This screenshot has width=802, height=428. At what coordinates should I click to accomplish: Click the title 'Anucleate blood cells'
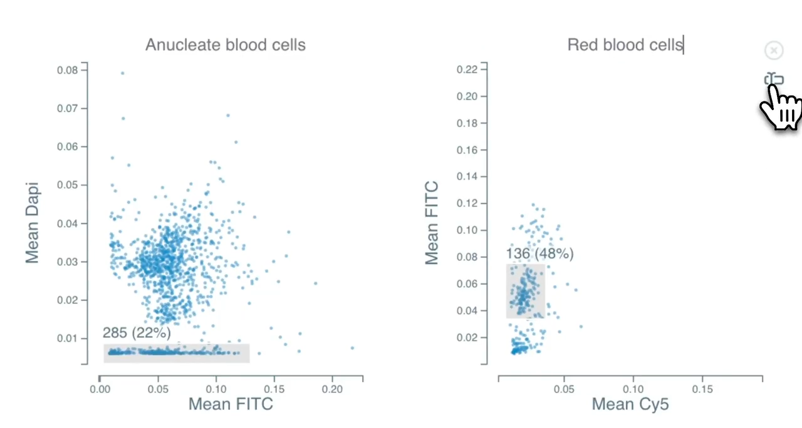point(226,45)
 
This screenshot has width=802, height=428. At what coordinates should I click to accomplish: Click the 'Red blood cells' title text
point(625,45)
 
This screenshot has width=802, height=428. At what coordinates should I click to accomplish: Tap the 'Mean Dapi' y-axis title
point(33,223)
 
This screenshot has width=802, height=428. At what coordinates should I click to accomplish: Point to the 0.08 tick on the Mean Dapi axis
point(68,70)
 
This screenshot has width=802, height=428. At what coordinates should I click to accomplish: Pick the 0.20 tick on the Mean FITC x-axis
point(332,388)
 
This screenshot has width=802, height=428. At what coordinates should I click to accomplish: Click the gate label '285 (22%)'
point(137,333)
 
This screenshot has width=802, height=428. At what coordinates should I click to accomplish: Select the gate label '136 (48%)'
point(540,254)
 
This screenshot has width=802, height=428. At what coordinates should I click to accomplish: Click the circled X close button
point(774,51)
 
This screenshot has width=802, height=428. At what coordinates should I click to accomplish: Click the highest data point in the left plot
point(122,73)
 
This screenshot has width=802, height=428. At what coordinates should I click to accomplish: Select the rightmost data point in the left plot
point(352,348)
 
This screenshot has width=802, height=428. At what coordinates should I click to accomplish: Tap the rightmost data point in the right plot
point(581,327)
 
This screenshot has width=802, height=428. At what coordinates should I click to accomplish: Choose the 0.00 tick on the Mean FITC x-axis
point(100,388)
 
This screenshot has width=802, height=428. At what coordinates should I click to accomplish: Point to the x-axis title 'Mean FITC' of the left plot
point(231,404)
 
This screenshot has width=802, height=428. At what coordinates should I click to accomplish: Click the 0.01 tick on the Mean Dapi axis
point(68,339)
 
